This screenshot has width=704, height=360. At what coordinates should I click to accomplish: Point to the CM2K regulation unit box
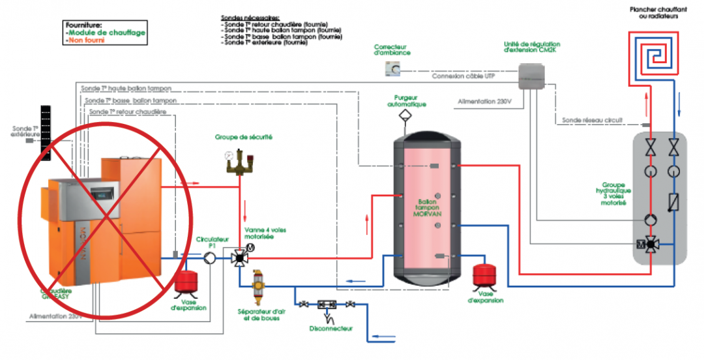[532, 77]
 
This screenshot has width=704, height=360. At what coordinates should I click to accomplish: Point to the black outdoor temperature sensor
[46, 130]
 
